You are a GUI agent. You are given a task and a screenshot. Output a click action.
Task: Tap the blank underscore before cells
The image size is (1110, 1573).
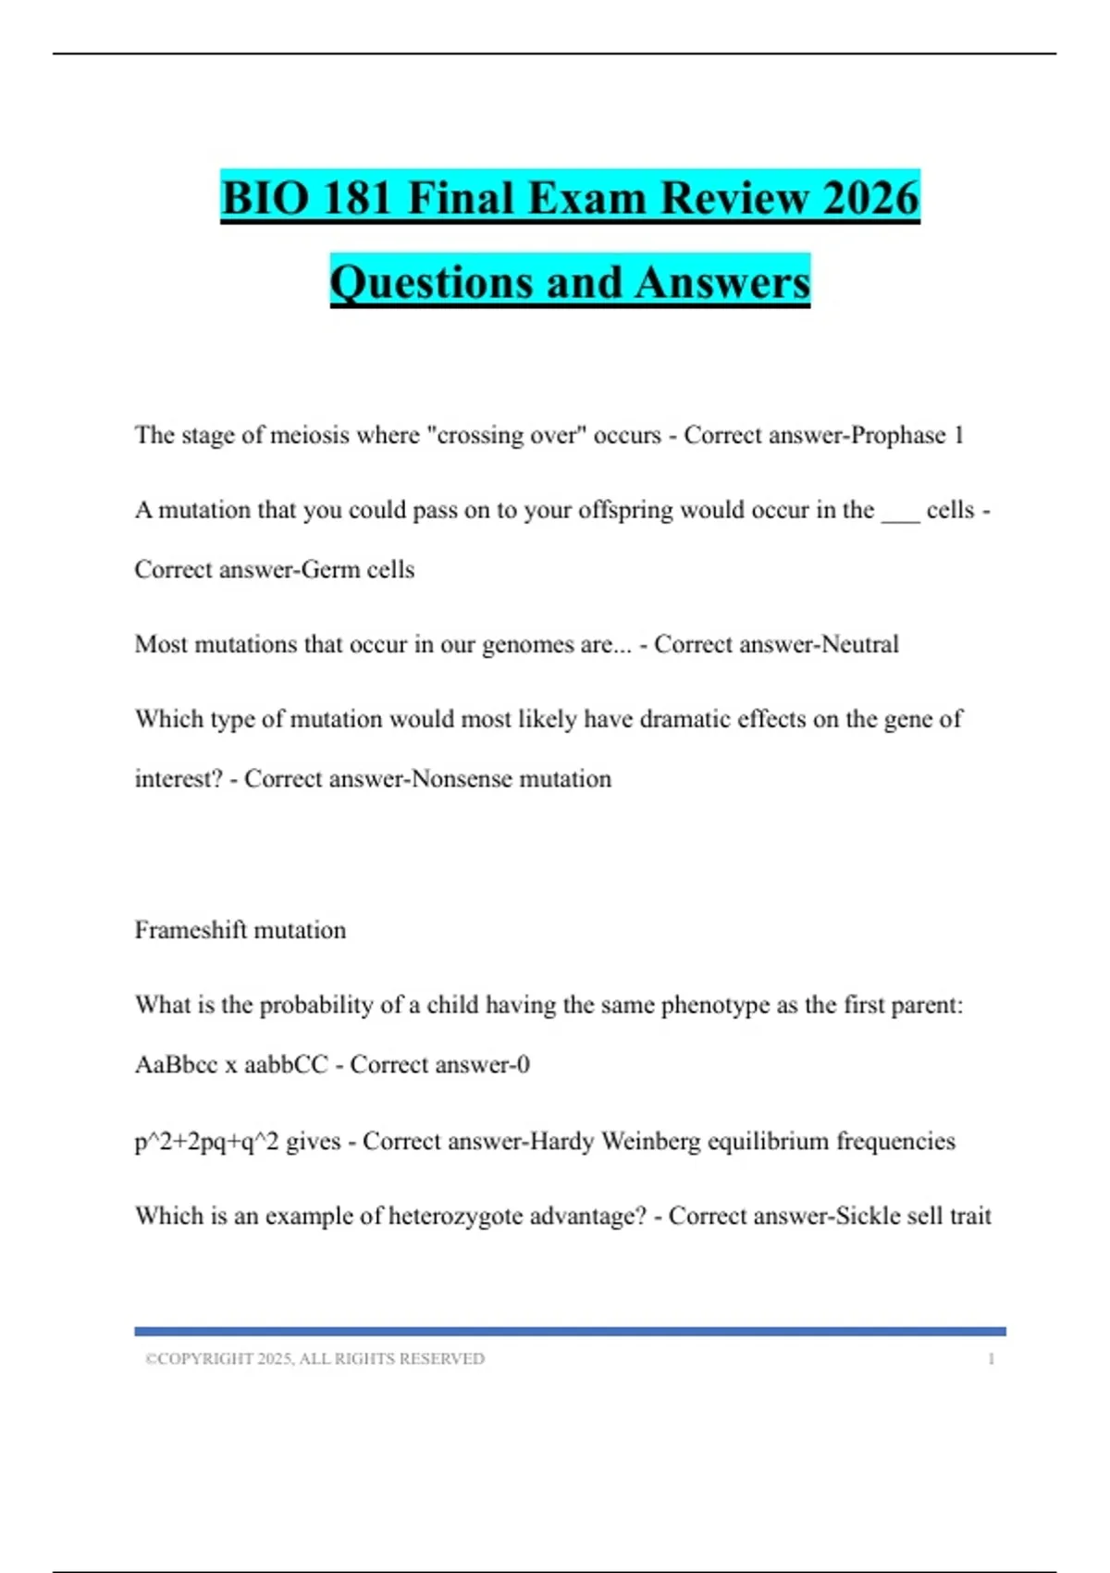tap(900, 512)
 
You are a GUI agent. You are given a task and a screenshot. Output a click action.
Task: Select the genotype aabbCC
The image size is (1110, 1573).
tap(286, 1065)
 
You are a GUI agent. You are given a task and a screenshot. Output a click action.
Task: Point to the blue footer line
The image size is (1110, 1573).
tap(570, 1331)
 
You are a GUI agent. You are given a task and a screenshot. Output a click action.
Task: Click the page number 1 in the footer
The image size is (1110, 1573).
tap(991, 1359)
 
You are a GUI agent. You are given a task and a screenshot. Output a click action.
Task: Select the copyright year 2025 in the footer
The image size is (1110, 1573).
tap(275, 1359)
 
